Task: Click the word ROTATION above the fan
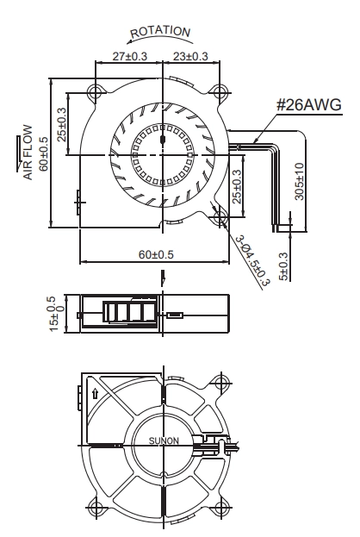click(x=160, y=32)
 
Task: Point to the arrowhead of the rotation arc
click(x=129, y=42)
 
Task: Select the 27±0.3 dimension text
click(x=130, y=56)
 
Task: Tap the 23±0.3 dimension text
click(x=190, y=56)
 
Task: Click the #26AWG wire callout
click(x=309, y=105)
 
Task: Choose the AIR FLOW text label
click(x=28, y=152)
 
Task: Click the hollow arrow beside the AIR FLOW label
click(x=19, y=153)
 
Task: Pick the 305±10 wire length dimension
click(x=300, y=181)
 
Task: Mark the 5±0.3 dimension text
click(x=284, y=266)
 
